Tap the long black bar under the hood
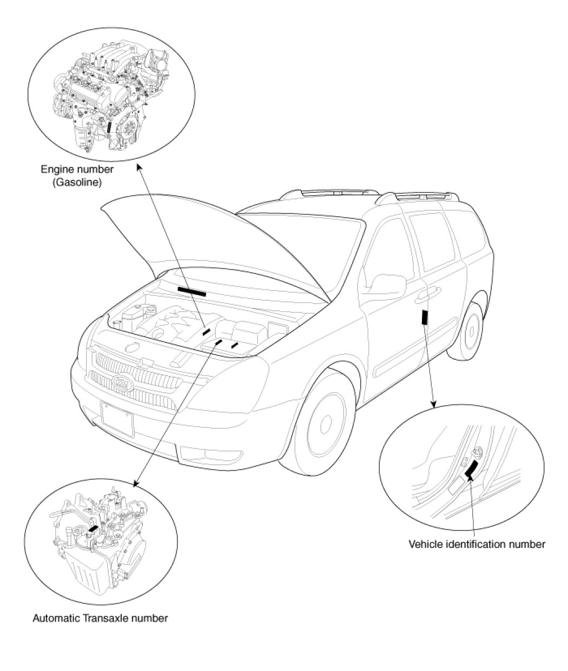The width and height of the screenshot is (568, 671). pos(191,292)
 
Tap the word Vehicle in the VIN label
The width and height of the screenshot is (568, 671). pos(424,544)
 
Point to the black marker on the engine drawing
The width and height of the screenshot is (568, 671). pos(109,126)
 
